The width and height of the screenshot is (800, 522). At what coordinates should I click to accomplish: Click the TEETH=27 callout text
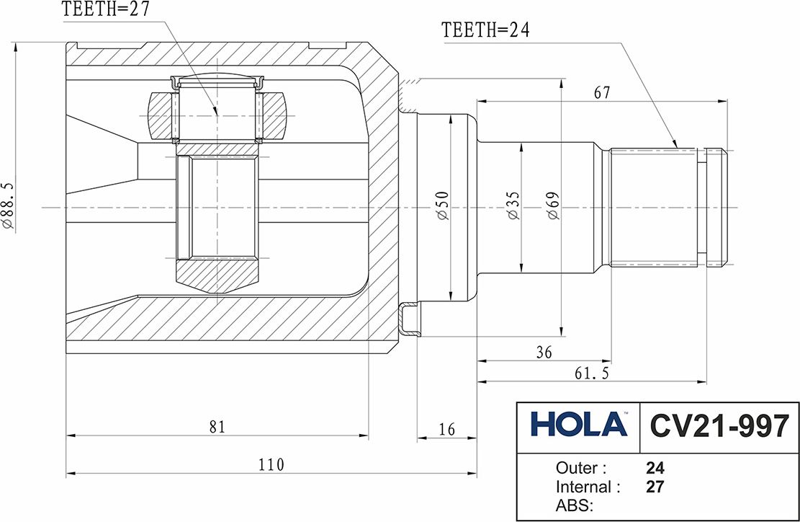click(x=106, y=9)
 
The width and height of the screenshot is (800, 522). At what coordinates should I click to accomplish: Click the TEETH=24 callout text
click(x=486, y=30)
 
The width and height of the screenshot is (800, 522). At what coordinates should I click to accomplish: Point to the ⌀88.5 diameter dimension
click(x=8, y=205)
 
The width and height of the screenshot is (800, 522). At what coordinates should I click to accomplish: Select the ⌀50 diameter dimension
click(x=442, y=205)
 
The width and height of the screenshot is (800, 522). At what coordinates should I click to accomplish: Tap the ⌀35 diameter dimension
click(x=513, y=205)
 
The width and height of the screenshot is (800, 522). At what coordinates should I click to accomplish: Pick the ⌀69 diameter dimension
click(x=554, y=205)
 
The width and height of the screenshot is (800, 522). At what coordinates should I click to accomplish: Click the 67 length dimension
click(x=602, y=92)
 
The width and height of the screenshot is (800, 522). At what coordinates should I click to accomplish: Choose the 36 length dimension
click(x=544, y=352)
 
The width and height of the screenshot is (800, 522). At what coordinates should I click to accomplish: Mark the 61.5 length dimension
click(x=592, y=373)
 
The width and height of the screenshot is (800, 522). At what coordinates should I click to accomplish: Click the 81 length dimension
click(x=217, y=427)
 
